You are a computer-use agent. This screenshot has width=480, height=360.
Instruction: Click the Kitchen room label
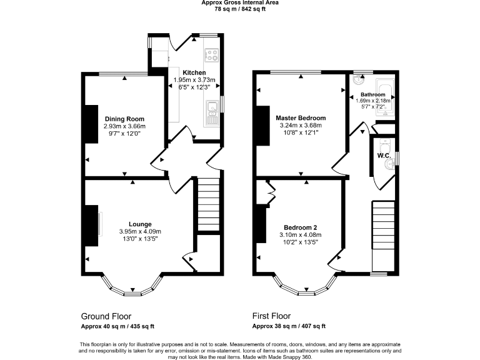(x=194, y=73)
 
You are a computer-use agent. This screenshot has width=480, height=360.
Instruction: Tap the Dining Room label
(x=124, y=119)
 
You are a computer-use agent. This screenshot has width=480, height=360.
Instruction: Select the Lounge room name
(x=140, y=224)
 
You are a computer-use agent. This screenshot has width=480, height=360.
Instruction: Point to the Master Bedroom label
(x=301, y=118)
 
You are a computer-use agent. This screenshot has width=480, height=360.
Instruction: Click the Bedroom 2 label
(x=301, y=227)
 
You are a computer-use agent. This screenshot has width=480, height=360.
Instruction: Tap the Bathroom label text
(x=372, y=94)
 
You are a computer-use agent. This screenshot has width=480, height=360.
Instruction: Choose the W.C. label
(x=383, y=155)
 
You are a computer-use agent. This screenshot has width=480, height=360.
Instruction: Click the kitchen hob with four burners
(x=212, y=54)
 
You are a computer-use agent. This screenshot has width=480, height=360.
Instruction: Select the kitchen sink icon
(x=212, y=110)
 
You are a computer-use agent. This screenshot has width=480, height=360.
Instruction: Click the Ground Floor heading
(x=106, y=316)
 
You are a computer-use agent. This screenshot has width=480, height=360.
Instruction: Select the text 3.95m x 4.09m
(x=140, y=231)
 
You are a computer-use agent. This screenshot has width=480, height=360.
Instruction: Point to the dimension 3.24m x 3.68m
(x=301, y=125)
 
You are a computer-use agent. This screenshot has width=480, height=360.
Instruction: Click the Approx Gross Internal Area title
(x=240, y=2)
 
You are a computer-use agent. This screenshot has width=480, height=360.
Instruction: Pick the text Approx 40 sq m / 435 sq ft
(x=117, y=326)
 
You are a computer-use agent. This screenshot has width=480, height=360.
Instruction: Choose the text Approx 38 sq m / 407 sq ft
(x=289, y=326)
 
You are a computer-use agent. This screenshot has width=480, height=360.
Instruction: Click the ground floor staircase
(x=207, y=207)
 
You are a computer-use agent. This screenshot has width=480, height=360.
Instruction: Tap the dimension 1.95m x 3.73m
(x=194, y=80)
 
